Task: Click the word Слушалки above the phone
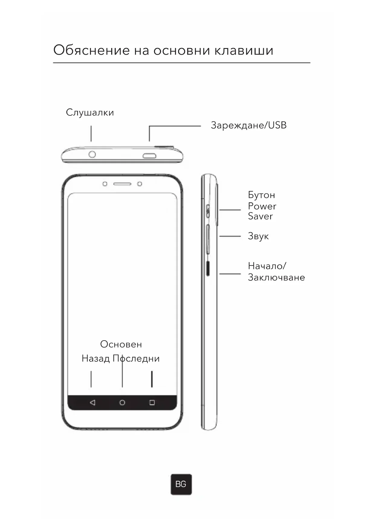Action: [x=90, y=113]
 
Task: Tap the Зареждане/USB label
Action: [x=248, y=125]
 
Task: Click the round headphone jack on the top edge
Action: [x=92, y=154]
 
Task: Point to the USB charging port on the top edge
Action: [x=149, y=156]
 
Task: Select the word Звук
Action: [x=258, y=236]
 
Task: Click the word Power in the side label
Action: [x=262, y=206]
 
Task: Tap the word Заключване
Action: [x=276, y=277]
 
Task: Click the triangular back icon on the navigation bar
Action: [x=92, y=402]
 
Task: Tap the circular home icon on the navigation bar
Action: [x=122, y=402]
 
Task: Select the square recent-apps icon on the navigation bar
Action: [x=152, y=402]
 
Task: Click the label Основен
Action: [x=121, y=344]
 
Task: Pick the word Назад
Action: [x=95, y=358]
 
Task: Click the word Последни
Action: [x=136, y=358]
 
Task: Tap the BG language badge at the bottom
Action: [x=181, y=484]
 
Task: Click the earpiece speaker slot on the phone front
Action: [x=122, y=184]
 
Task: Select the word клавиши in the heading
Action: [x=244, y=50]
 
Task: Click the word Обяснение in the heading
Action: [x=92, y=50]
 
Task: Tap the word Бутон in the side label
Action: [x=261, y=195]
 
